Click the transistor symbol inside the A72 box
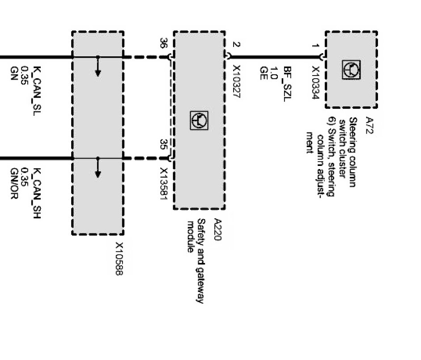click(352, 69)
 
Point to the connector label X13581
click(164, 184)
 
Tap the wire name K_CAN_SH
click(38, 190)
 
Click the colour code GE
click(264, 73)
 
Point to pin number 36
click(164, 44)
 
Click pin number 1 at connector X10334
click(315, 47)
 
